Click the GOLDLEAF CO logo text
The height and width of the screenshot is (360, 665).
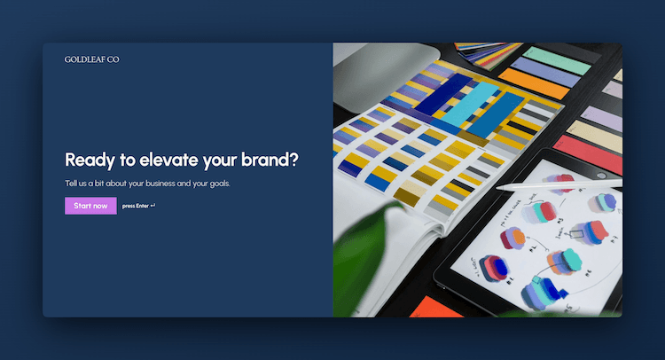click(x=91, y=59)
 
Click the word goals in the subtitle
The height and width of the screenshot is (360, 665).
click(x=218, y=184)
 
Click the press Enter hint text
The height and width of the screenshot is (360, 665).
click(x=135, y=206)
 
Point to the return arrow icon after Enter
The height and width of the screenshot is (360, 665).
click(x=153, y=206)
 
